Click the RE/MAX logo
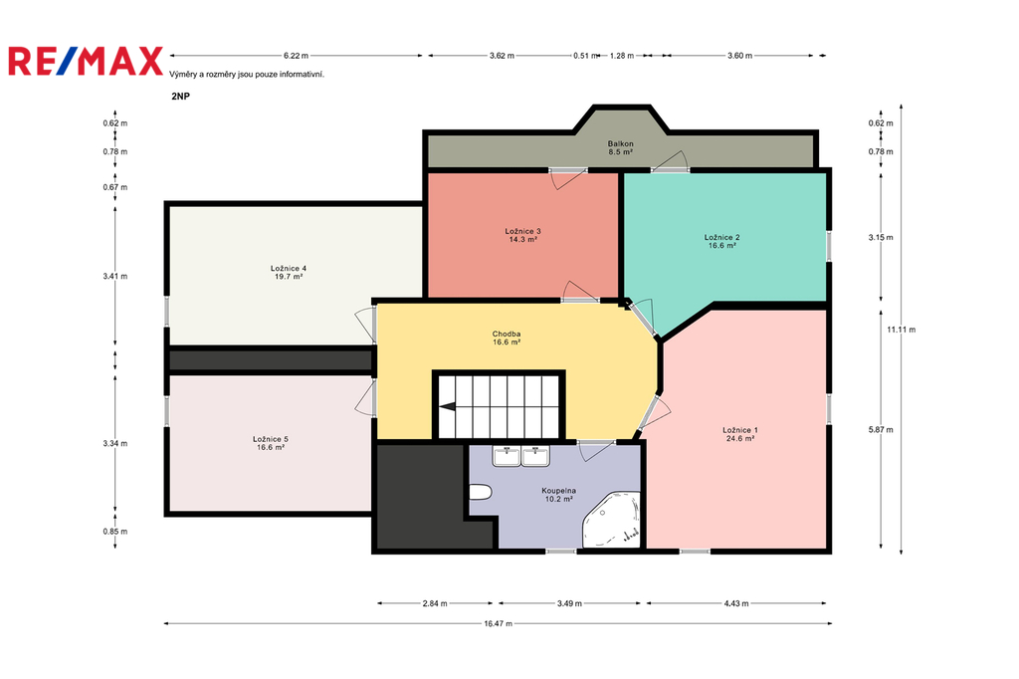(86, 61)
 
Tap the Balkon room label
(621, 147)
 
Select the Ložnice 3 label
(522, 235)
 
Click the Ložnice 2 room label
(722, 241)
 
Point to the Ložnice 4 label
(289, 272)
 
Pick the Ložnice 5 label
(271, 443)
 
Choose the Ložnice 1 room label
(740, 434)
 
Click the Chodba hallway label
(507, 338)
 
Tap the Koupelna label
(559, 494)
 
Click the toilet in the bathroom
(480, 493)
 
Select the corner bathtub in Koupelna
(612, 520)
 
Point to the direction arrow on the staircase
(447, 407)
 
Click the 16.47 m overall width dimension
(498, 623)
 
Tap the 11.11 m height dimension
(902, 330)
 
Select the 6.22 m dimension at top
(296, 56)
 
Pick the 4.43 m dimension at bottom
(736, 603)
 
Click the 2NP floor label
(181, 97)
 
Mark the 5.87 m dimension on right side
(881, 429)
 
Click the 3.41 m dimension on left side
(115, 276)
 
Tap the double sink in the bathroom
(521, 457)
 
